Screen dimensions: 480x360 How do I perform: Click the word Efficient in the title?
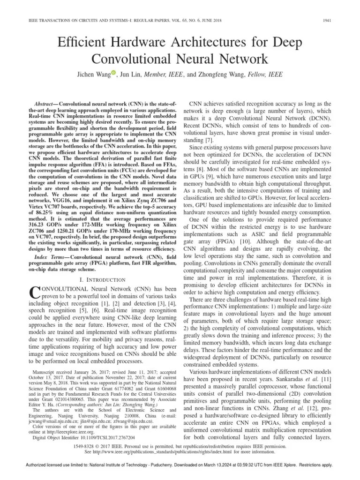coord(83,44)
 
